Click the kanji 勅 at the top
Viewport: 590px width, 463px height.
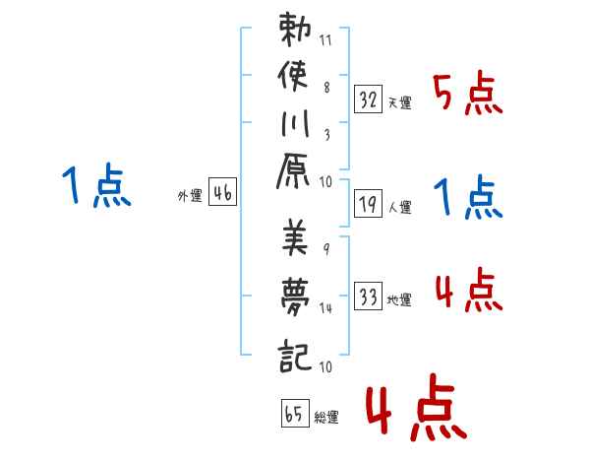[x=295, y=30]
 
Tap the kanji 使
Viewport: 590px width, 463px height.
[x=293, y=76]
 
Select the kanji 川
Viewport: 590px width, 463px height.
[x=295, y=123]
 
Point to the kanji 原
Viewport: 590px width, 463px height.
[x=293, y=171]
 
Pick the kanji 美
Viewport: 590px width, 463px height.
[x=295, y=237]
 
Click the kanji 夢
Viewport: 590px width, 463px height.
[x=295, y=297]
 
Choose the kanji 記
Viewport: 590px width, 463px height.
[x=295, y=356]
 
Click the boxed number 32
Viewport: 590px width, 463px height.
[x=368, y=99]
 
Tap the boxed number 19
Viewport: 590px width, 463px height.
[x=368, y=204]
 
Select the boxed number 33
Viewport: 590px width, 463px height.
[x=368, y=296]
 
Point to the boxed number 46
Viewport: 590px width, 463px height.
[x=222, y=191]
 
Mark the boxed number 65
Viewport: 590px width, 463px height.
[x=295, y=413]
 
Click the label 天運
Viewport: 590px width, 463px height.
[x=400, y=102]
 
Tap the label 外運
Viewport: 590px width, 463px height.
[x=190, y=196]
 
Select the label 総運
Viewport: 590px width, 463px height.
[x=326, y=417]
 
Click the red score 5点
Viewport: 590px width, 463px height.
[x=468, y=94]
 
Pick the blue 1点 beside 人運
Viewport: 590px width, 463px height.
[x=468, y=197]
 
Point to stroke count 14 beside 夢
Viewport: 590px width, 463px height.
[x=325, y=308]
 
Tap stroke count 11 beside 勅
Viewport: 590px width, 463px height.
[x=325, y=40]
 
